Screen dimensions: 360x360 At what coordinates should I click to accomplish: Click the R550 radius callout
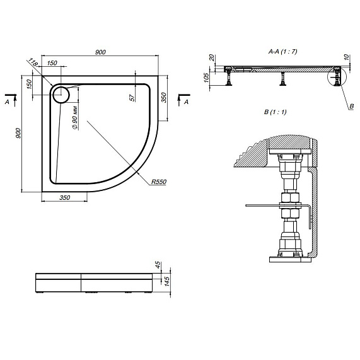point(158,182)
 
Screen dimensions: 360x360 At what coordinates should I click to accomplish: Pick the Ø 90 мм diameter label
point(74,117)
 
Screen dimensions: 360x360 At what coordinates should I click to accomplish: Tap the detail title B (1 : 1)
point(276,112)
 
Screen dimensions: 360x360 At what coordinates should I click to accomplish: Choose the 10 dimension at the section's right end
point(347,57)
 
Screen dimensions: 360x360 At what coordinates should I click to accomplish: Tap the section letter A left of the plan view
point(7,101)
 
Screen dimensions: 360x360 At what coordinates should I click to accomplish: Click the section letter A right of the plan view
point(186,101)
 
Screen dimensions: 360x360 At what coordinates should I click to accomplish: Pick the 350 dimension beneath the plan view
point(64,198)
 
